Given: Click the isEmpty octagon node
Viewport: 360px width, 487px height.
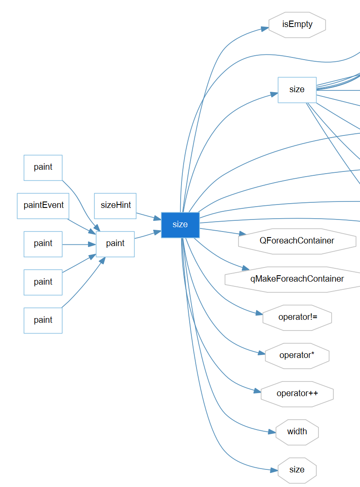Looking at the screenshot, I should click(297, 24).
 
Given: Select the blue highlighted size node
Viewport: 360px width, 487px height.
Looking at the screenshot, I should click(180, 225).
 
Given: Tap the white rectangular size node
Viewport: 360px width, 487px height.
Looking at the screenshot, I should click(297, 90).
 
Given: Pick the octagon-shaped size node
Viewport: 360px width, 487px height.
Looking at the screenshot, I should click(297, 470).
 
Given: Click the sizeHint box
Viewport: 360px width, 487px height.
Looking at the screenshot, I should click(115, 205).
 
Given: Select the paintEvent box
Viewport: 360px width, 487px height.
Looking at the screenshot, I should click(43, 205).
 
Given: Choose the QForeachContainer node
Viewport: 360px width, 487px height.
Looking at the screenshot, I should click(297, 241).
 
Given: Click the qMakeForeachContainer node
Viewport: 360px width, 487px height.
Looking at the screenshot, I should click(297, 279).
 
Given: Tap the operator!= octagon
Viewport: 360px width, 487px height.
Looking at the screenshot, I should click(297, 317).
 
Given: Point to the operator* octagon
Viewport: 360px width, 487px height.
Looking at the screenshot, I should click(297, 355).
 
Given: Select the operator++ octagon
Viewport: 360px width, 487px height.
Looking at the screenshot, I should click(297, 394).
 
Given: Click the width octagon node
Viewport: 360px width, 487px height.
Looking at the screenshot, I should click(297, 432).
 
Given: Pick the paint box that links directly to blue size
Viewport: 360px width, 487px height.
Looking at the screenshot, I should click(115, 243).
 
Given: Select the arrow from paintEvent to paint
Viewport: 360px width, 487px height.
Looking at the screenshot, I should click(82, 226).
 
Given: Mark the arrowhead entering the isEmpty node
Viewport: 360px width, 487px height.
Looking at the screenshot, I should click(265, 29).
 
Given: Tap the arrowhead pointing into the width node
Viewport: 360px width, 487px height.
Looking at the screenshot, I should click(272, 432).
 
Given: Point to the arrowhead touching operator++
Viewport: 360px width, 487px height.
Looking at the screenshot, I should click(257, 391).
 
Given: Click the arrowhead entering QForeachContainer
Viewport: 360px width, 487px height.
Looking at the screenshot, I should click(243, 234).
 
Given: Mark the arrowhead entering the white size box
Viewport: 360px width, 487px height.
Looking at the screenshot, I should click(274, 94).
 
